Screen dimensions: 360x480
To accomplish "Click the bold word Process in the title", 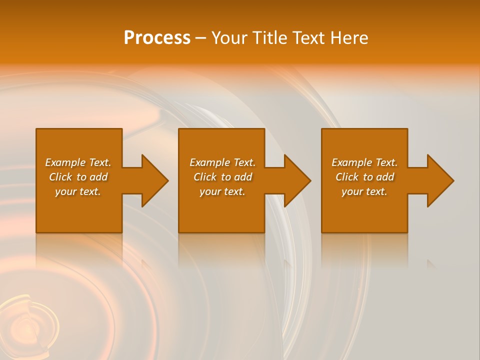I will point(157,38).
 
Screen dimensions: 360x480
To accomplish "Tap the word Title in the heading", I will point(269,38).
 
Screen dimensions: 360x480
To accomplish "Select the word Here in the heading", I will point(349,38).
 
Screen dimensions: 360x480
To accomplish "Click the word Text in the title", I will point(309,38).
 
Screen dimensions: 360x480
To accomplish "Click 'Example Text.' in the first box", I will point(78,162).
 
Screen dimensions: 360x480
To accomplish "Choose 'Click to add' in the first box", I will point(78,177).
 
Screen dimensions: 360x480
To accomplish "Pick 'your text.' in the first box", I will point(78,191).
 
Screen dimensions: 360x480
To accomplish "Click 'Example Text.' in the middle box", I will point(222,162).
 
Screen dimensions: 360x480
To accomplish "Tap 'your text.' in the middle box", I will point(222,191).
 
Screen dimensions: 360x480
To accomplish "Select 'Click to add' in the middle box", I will point(222,177).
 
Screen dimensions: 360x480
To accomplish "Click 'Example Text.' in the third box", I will point(364,162).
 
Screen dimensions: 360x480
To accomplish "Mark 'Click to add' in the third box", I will point(364,177).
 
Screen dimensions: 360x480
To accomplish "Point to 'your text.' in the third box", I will point(364,191).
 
